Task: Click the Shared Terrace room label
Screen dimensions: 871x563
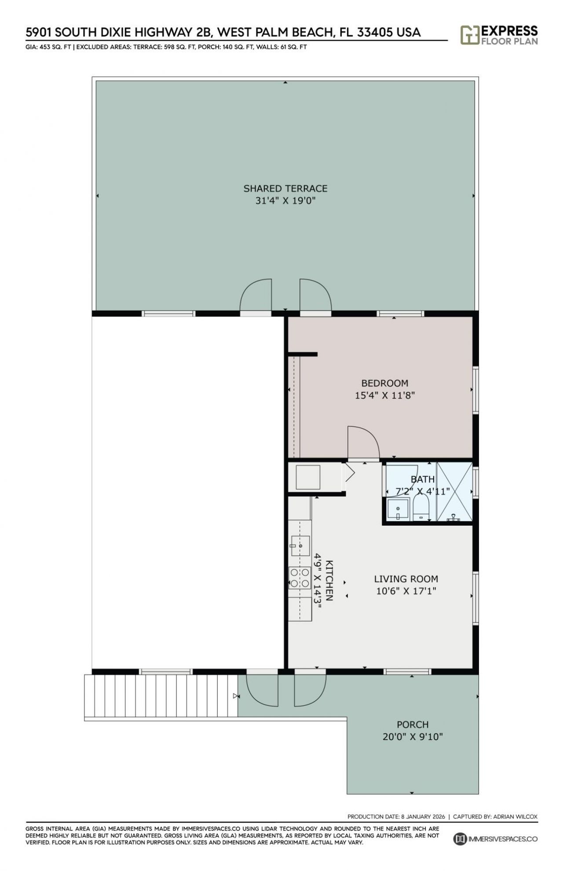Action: pos(285,188)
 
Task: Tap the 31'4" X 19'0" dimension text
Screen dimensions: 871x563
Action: pos(285,201)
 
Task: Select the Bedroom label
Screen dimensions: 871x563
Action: pos(384,383)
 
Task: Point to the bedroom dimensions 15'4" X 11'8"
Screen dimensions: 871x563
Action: pos(384,395)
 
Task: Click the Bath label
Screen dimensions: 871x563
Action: pos(422,479)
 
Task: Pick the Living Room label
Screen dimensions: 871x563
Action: pos(406,579)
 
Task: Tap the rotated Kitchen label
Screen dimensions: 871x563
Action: pos(329,580)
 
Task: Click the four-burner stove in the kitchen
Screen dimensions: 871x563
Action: pos(299,578)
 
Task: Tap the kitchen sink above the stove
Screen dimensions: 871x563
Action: pos(300,546)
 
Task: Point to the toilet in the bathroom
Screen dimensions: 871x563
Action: pos(421,510)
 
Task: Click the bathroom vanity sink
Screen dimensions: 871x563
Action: pos(398,510)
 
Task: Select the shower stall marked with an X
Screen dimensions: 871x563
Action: pos(454,491)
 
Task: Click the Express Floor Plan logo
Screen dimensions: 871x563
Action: pos(499,35)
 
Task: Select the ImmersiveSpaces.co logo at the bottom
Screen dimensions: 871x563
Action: pos(495,838)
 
